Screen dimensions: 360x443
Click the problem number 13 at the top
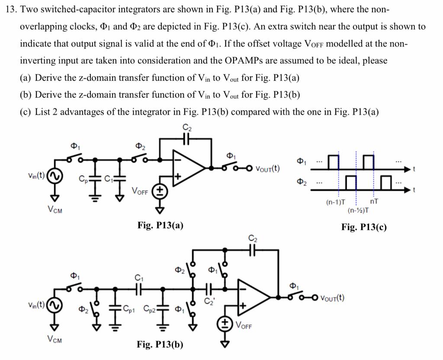[x=11, y=10]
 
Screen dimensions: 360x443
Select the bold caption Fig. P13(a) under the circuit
[x=160, y=225]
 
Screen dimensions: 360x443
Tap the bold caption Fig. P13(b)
[x=160, y=344]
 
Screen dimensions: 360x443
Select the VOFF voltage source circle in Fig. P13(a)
[x=160, y=191]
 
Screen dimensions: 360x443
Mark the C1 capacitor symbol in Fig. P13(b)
[x=139, y=288]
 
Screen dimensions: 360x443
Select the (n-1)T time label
[x=336, y=202]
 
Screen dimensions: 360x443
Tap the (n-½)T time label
[x=359, y=211]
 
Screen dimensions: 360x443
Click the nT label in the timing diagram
[x=375, y=201]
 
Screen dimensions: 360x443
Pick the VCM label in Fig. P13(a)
[x=55, y=210]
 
